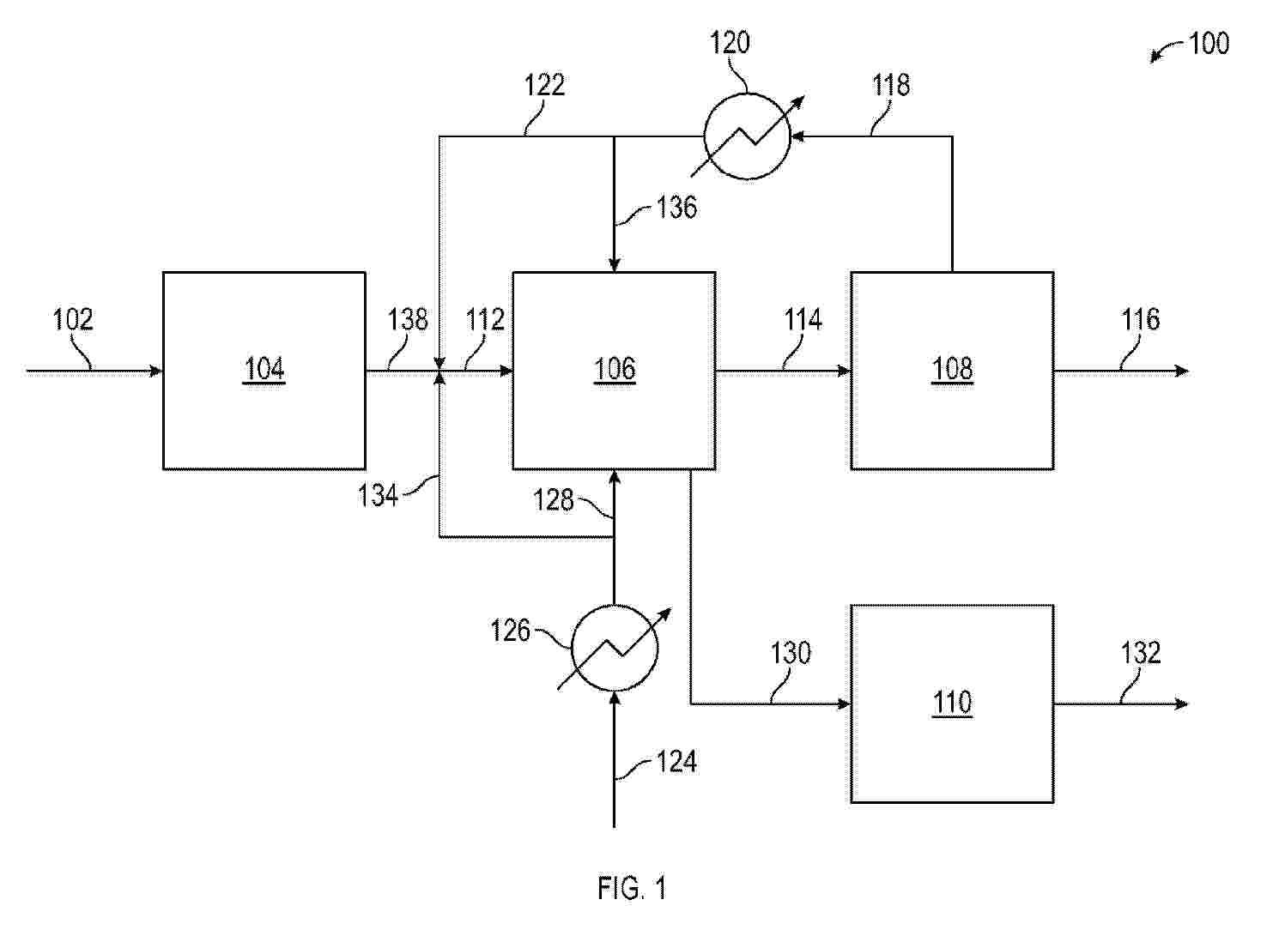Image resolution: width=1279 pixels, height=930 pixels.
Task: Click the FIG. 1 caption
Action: [632, 888]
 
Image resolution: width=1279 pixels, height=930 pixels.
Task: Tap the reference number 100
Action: [1209, 44]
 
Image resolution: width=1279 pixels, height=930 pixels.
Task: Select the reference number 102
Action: [73, 319]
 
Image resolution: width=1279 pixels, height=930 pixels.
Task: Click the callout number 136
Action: [676, 207]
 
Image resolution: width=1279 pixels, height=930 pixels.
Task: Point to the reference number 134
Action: [378, 495]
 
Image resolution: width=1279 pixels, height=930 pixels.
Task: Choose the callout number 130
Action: [791, 653]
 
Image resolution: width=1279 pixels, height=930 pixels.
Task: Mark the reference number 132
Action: [1141, 653]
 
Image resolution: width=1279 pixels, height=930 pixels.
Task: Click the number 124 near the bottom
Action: [676, 762]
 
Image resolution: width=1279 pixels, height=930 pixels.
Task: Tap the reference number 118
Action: [891, 85]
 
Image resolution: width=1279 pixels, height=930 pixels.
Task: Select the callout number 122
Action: [545, 85]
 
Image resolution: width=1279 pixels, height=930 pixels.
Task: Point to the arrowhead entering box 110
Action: [844, 704]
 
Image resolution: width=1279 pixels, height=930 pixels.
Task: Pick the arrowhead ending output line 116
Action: [1181, 371]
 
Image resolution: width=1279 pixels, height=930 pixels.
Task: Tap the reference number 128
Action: [554, 500]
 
